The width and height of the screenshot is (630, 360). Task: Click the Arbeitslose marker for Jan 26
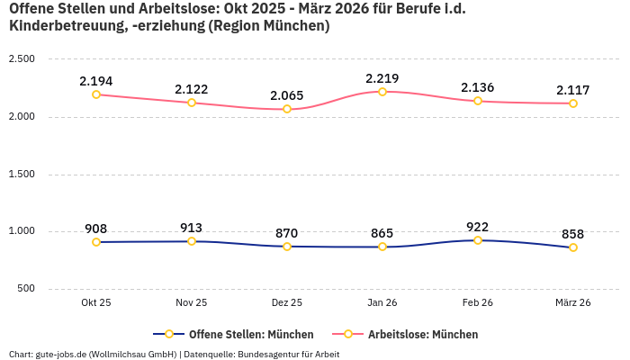pos(382,92)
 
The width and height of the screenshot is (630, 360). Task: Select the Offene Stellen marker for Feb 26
pos(478,240)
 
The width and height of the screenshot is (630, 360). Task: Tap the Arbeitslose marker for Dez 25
pos(287,109)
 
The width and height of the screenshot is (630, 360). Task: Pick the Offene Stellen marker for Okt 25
pos(96,242)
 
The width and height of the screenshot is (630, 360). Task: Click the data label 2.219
pos(382,78)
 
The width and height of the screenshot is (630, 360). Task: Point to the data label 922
pos(478,227)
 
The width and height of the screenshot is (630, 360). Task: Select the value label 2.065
pos(287,95)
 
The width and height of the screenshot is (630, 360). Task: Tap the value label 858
pos(573,234)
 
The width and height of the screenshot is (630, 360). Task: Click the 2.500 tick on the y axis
pos(21,59)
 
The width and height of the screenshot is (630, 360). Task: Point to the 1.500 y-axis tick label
pos(21,174)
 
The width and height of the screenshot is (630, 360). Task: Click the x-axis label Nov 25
pos(192,303)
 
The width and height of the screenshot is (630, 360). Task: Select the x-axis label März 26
pos(573,303)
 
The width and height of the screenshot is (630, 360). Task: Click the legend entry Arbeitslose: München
pos(423,334)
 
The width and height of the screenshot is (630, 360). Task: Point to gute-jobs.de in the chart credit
pos(58,354)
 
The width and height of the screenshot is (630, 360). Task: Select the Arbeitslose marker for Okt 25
pos(96,94)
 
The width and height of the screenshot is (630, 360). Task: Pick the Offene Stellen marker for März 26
pos(573,247)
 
